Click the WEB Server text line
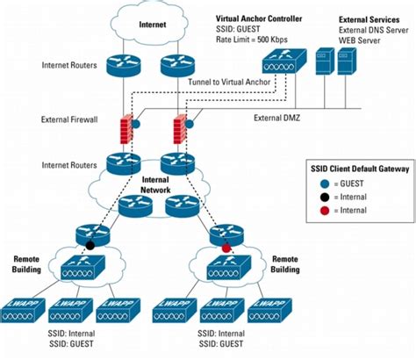click(x=361, y=40)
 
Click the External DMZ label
click(x=280, y=117)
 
